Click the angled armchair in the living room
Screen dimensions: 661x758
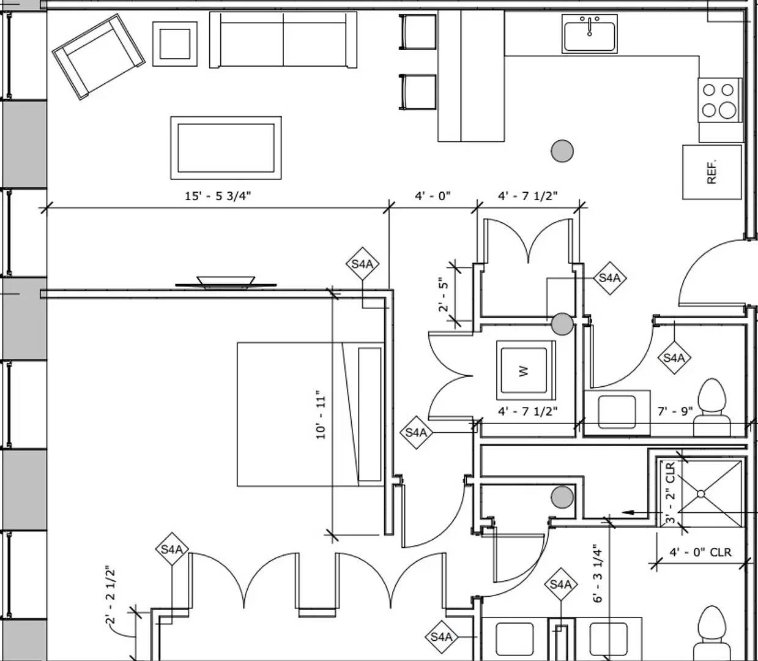click(98, 56)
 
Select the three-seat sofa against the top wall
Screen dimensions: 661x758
click(283, 40)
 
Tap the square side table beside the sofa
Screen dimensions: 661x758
click(175, 43)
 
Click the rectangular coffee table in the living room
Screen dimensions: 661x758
click(226, 148)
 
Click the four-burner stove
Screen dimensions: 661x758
click(719, 100)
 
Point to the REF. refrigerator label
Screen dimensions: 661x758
click(712, 172)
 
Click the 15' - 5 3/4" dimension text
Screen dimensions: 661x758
click(218, 196)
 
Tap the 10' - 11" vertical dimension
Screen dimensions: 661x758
click(321, 415)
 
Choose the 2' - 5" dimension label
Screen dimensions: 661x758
click(444, 295)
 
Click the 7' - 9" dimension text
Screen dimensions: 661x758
click(675, 411)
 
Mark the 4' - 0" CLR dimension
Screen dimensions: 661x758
click(700, 552)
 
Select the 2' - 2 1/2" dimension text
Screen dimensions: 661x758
click(111, 595)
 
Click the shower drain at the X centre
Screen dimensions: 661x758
click(701, 493)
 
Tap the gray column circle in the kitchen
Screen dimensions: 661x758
click(562, 151)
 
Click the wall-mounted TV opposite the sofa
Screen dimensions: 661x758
click(226, 283)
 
